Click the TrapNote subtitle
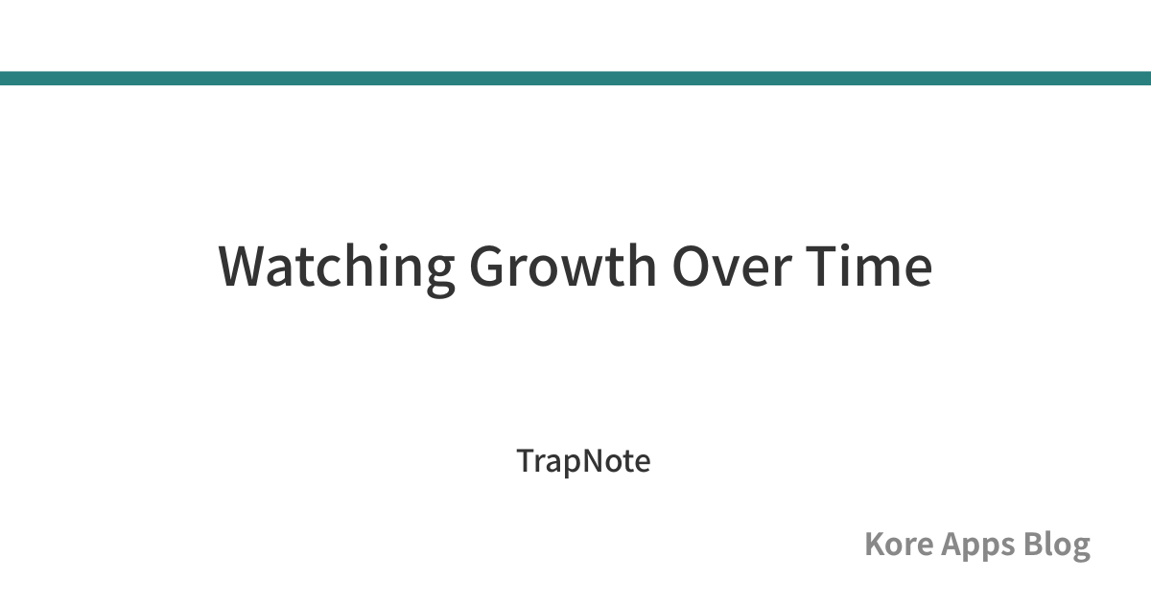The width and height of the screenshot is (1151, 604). coord(584,461)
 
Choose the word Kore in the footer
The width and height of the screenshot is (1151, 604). coord(899,545)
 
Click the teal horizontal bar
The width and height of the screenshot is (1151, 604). coord(575,78)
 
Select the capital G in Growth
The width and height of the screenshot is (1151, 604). coord(488,267)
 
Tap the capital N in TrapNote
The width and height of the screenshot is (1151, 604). coord(596,461)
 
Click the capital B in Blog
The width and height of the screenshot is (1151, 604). coord(1033,545)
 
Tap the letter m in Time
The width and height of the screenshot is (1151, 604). coord(879,271)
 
